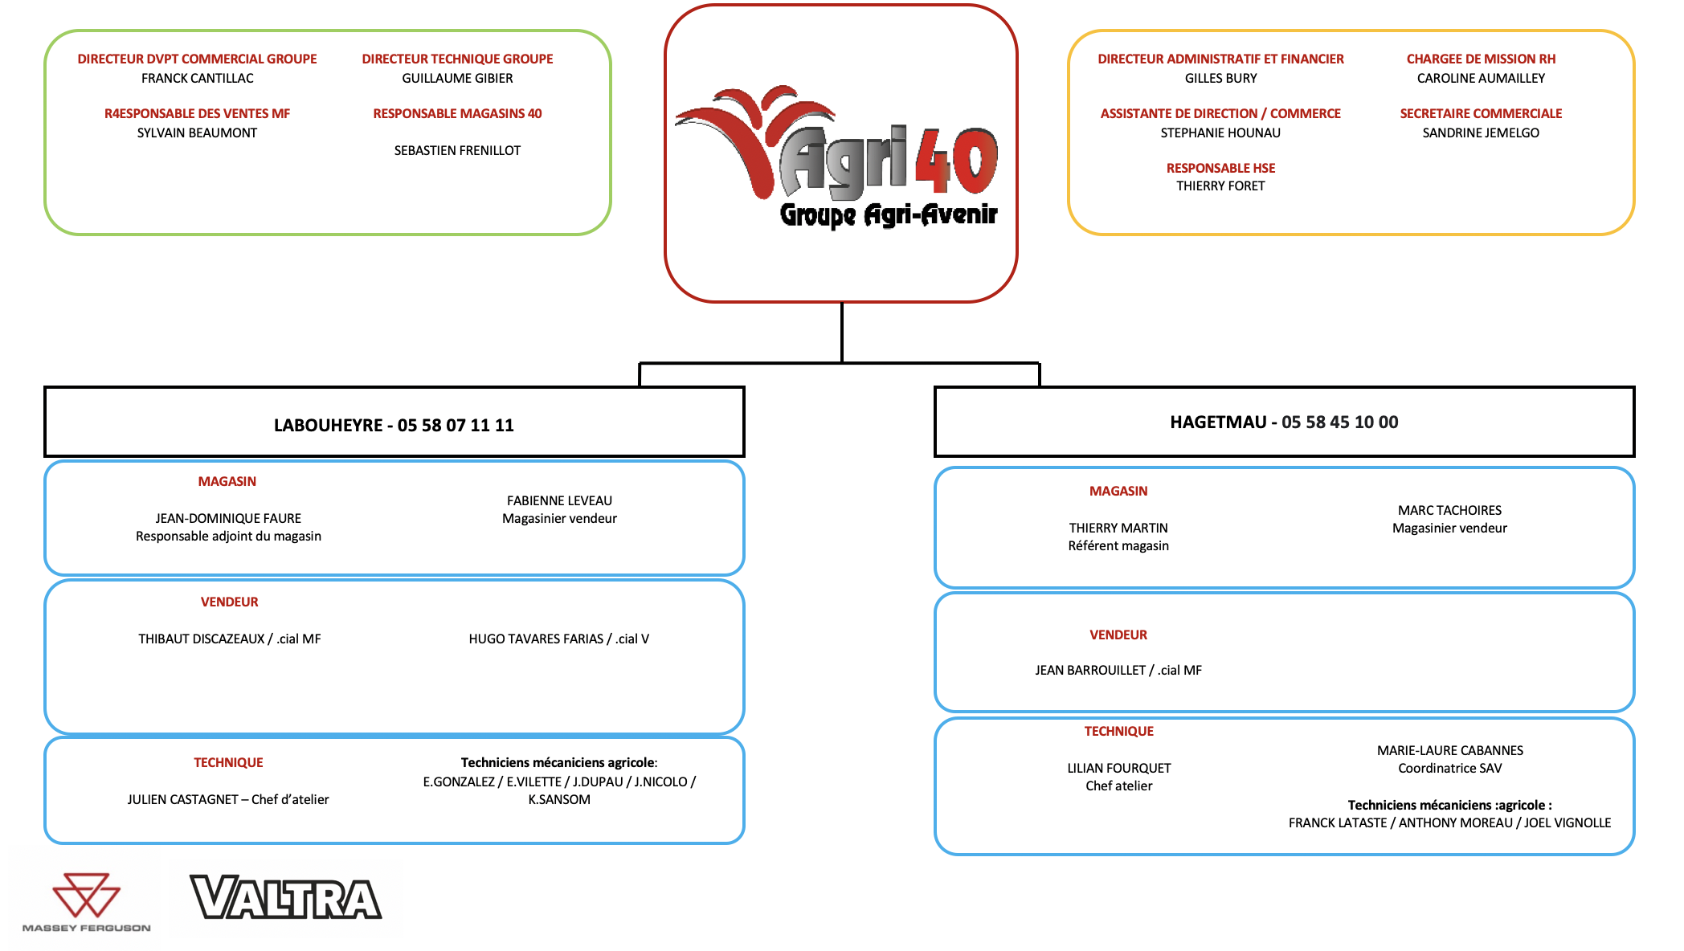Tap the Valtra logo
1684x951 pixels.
285,897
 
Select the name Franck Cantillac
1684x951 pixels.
198,78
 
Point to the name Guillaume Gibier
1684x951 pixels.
457,78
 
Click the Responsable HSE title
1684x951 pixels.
1220,168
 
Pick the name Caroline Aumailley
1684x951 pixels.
1481,78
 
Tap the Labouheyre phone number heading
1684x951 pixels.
394,425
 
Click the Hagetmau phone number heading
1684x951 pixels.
1284,422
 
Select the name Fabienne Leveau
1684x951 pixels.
559,500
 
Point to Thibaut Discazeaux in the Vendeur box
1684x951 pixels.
201,639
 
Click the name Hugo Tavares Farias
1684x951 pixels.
536,639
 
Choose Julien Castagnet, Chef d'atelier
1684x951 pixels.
228,799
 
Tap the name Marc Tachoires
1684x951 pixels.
1449,510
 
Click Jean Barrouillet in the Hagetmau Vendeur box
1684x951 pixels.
1090,670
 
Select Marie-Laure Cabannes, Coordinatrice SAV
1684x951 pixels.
1449,759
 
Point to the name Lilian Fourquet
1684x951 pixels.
1118,768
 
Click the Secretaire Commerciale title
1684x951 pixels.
1481,113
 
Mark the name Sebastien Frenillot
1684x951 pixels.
457,150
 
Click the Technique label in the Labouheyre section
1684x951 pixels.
228,762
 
